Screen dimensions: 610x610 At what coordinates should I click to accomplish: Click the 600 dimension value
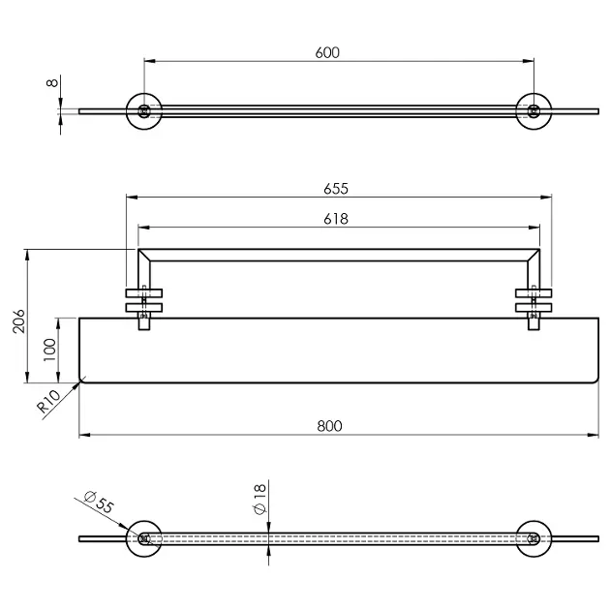click(x=327, y=52)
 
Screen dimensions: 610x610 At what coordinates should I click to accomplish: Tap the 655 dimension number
click(x=336, y=189)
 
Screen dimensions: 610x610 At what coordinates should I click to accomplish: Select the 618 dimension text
click(x=336, y=219)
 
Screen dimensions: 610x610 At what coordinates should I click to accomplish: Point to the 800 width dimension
click(x=329, y=426)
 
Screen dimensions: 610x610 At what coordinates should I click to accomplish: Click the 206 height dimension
click(x=18, y=320)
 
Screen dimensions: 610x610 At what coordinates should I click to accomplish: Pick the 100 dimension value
click(x=49, y=350)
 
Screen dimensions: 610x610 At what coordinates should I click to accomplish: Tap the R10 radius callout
click(x=49, y=402)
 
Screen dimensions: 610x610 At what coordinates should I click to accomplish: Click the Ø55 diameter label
click(x=99, y=503)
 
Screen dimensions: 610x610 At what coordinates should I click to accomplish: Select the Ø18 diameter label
click(x=259, y=499)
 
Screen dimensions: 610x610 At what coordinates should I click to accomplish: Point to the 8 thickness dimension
click(x=52, y=82)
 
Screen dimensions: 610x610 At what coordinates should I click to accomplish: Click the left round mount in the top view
click(x=144, y=111)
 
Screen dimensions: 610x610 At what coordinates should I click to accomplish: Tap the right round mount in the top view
click(x=534, y=111)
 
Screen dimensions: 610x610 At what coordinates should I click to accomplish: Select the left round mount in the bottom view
click(x=144, y=538)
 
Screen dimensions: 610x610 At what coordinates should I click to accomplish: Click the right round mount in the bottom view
click(x=534, y=538)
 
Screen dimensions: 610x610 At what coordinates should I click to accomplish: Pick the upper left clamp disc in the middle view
click(x=144, y=293)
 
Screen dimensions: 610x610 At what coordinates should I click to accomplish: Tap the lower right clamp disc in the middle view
click(x=534, y=308)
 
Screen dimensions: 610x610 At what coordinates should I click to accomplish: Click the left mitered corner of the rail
click(x=144, y=256)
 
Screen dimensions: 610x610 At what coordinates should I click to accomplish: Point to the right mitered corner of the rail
click(x=534, y=256)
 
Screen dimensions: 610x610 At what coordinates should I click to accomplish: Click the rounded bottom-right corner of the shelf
click(x=596, y=381)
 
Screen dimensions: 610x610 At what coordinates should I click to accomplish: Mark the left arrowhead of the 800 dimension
click(x=85, y=435)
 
